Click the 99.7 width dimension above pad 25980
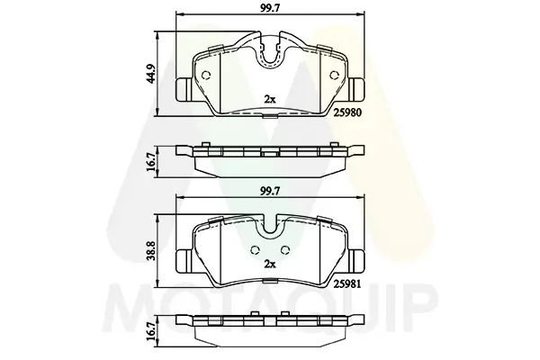click(270, 8)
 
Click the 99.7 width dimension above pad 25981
click(270, 192)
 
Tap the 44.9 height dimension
click(150, 74)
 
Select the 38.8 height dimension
click(150, 250)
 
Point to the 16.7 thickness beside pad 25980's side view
click(150, 162)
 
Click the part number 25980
click(347, 112)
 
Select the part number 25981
click(347, 283)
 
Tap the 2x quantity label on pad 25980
click(270, 100)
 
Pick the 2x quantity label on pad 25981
click(270, 264)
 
